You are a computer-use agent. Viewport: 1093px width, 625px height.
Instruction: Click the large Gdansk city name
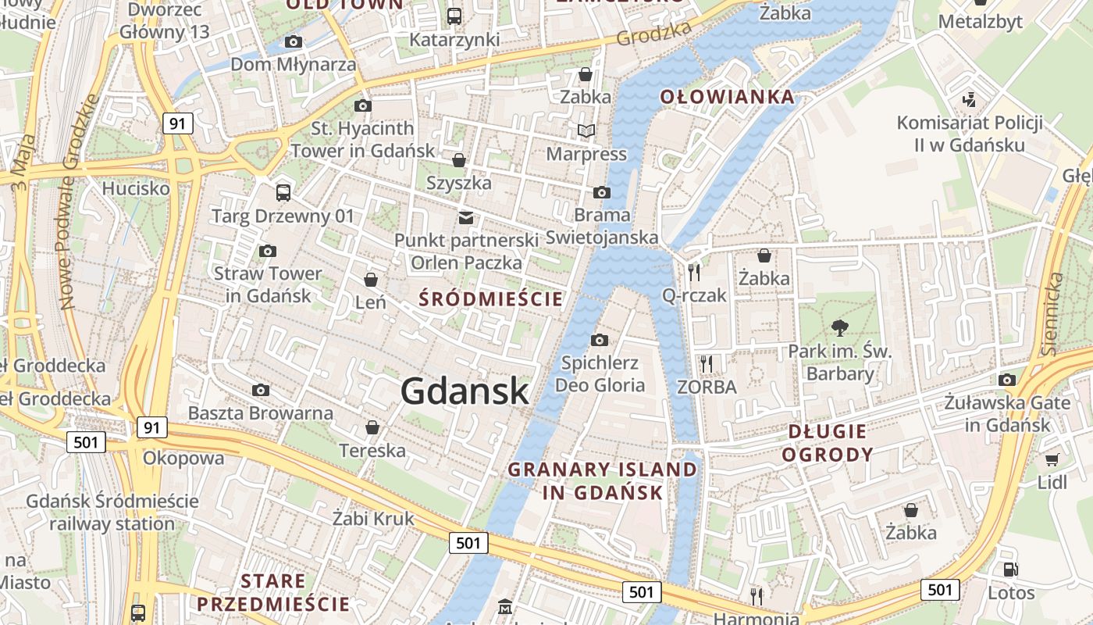[465, 391]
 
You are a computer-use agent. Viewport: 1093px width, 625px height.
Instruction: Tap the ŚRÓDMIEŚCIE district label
[491, 298]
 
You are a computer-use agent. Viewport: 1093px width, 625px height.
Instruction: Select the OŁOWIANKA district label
[728, 97]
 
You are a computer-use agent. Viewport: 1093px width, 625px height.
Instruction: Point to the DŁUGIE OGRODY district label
[828, 442]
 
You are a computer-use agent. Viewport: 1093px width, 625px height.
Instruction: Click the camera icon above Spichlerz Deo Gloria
[600, 340]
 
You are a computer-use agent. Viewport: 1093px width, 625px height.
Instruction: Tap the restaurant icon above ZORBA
[707, 363]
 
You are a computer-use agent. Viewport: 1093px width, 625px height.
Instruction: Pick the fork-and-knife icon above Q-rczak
[694, 272]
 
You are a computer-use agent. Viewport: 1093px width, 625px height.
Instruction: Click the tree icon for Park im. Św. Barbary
[840, 327]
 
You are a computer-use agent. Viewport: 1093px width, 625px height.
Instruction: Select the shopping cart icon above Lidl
[1052, 459]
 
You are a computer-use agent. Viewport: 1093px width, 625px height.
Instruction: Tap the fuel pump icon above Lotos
[1010, 570]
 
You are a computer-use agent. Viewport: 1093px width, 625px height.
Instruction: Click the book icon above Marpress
[586, 130]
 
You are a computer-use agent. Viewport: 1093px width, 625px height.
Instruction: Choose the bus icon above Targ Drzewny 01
[283, 192]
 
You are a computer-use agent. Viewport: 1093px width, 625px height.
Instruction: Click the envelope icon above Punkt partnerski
[466, 217]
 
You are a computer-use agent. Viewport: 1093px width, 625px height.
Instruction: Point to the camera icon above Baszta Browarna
[261, 390]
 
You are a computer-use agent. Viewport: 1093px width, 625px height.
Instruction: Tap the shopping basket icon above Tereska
[372, 427]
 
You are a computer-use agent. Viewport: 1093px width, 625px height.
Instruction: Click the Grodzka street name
[654, 33]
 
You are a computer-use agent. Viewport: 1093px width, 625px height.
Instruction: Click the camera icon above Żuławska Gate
[1007, 380]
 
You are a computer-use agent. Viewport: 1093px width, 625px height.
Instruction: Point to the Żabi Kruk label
[373, 518]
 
